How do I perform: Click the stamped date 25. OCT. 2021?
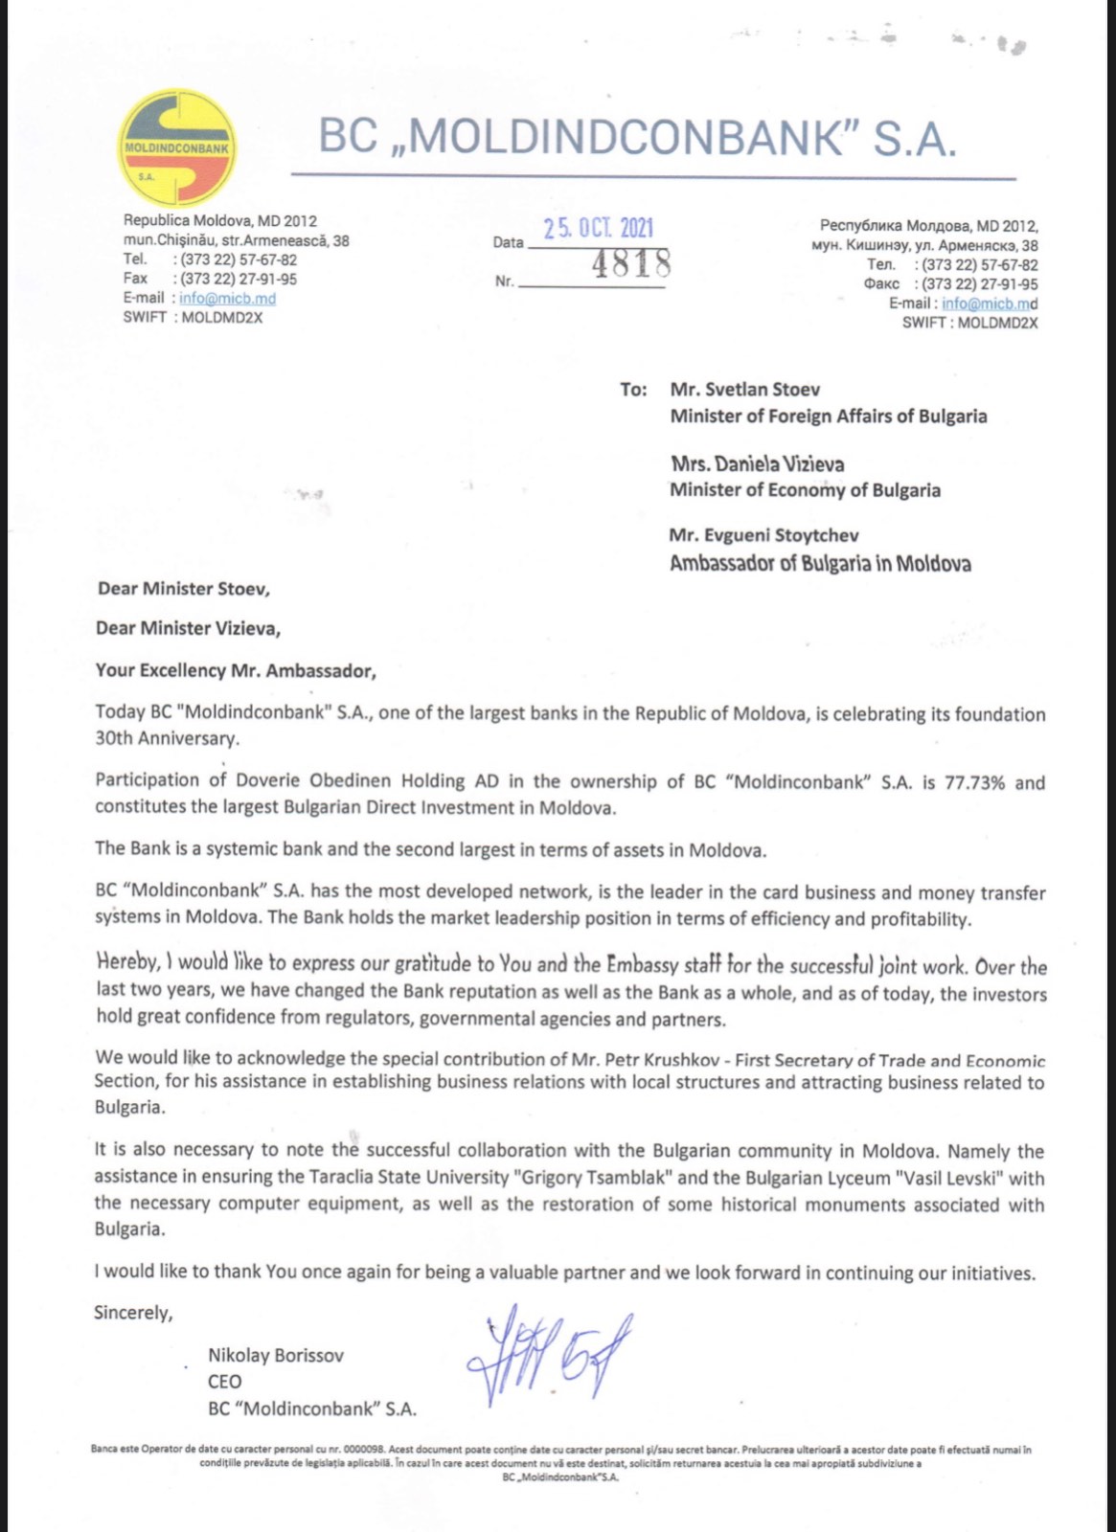click(599, 229)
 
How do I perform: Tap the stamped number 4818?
click(630, 262)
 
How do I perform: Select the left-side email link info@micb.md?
click(227, 298)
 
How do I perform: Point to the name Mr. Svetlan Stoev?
click(745, 390)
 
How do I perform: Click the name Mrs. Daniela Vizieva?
click(758, 464)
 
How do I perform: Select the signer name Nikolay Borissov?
click(276, 1355)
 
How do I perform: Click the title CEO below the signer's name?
click(224, 1382)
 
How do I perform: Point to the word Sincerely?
click(133, 1313)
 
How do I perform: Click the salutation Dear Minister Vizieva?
click(188, 629)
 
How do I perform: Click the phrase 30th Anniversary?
click(167, 739)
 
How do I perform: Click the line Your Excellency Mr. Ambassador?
click(236, 671)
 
